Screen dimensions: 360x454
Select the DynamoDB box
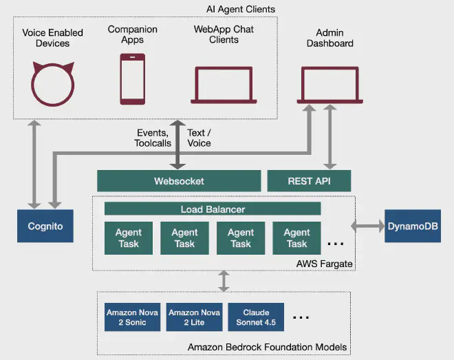[413, 226]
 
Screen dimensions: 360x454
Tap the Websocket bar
[179, 181]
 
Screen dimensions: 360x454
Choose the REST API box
[309, 181]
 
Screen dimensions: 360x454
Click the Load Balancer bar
[213, 209]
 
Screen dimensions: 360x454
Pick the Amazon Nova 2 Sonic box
[131, 317]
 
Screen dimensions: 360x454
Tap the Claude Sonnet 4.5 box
[256, 317]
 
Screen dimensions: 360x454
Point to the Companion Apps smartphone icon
[132, 79]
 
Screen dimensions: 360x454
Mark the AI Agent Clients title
[240, 9]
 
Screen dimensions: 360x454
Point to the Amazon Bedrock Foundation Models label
[267, 347]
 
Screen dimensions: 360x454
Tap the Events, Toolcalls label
[151, 138]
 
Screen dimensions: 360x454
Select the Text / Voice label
[199, 138]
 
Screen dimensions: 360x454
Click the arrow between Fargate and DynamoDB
[368, 226]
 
